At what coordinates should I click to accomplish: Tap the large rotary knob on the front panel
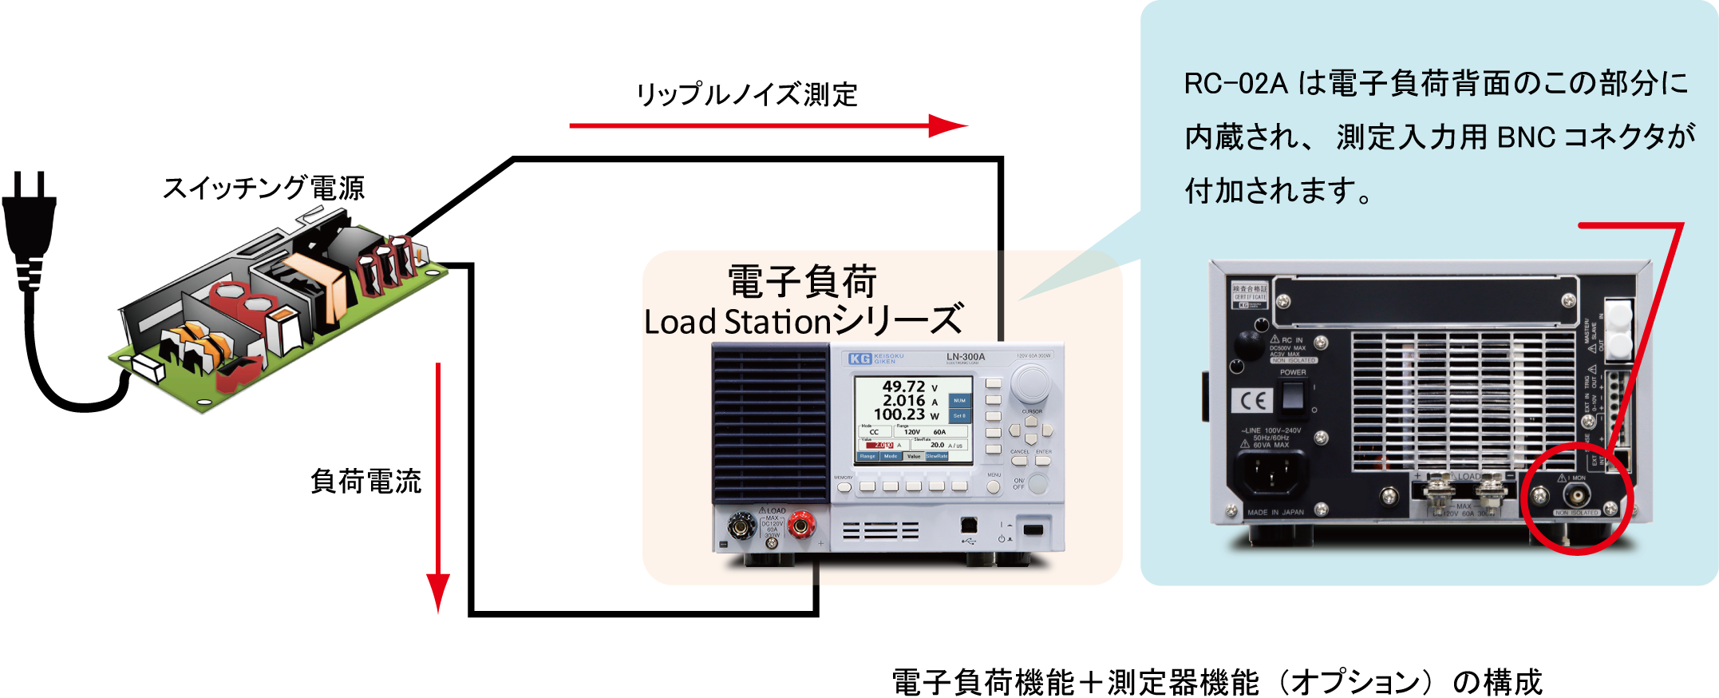coord(1030,384)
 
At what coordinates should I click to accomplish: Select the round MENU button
coord(994,486)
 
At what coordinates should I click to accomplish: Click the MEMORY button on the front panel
coord(844,486)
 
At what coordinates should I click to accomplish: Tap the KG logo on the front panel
coord(859,359)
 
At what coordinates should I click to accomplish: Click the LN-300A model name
coord(965,357)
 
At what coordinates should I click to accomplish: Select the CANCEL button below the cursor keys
coord(1019,461)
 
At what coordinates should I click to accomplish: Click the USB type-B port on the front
coord(969,525)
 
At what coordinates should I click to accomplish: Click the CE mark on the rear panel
coord(1251,401)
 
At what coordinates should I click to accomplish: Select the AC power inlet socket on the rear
coord(1272,474)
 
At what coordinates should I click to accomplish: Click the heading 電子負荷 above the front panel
coord(801,282)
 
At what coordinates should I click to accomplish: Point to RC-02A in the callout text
coord(1235,84)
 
